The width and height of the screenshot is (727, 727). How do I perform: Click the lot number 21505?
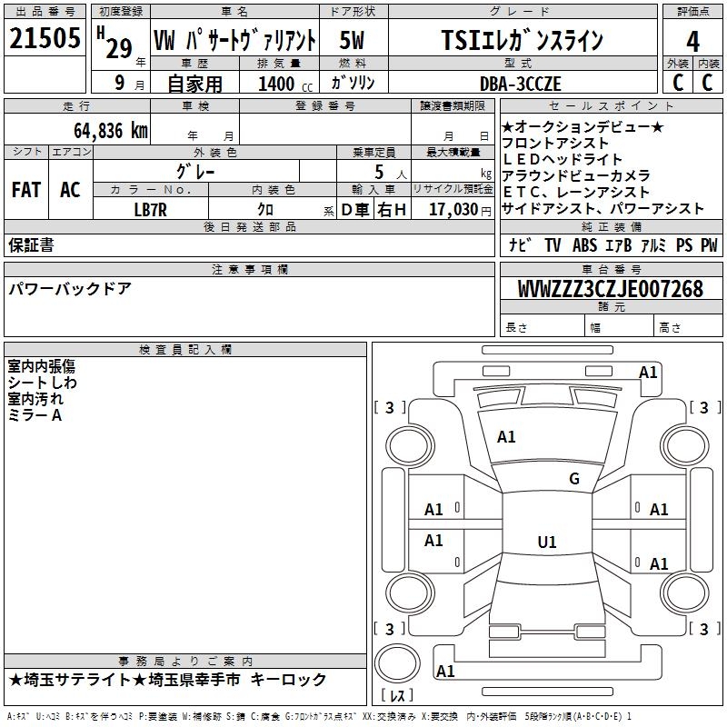(x=45, y=38)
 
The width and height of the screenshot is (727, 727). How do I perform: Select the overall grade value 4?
(x=692, y=41)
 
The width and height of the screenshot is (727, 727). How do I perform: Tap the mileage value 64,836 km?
(x=111, y=131)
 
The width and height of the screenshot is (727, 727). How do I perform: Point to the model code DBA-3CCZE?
(x=520, y=84)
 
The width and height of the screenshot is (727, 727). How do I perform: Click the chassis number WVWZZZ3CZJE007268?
(x=611, y=289)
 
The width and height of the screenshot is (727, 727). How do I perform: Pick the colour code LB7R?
(x=150, y=210)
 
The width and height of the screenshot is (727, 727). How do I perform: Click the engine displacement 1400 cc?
(x=285, y=84)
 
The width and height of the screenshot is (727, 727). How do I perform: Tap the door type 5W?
(x=352, y=40)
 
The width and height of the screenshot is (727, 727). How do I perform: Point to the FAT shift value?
(x=26, y=190)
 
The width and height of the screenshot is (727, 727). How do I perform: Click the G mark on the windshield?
(x=574, y=479)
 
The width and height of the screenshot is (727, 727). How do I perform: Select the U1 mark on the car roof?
(x=547, y=542)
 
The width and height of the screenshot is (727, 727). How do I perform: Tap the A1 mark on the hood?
(x=506, y=437)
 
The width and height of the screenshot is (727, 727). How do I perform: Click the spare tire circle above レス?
(x=397, y=662)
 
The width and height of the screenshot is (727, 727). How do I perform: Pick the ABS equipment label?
(x=584, y=245)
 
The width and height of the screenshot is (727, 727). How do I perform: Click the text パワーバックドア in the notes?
(x=70, y=289)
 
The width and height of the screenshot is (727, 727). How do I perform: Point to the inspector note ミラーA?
(x=35, y=415)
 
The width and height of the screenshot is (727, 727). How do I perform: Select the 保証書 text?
(x=31, y=244)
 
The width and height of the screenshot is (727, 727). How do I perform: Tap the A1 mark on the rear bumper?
(x=445, y=671)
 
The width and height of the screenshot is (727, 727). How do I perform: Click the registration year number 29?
(x=119, y=48)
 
